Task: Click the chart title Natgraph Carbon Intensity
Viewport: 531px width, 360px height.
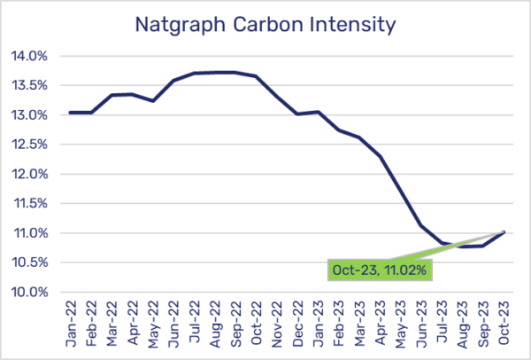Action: point(265,25)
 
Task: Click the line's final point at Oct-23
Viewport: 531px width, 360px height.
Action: point(504,231)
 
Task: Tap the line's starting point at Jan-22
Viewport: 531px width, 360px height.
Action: point(71,113)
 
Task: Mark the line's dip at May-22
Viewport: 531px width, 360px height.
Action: point(153,101)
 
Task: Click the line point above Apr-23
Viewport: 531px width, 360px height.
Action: point(380,156)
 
